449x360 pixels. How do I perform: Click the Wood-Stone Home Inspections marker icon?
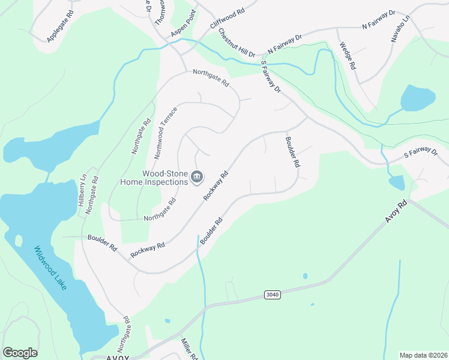pos(197,178)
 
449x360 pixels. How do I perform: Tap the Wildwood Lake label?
pos(51,268)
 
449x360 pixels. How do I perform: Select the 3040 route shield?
pos(272,295)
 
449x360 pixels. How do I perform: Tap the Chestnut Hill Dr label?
pos(237,43)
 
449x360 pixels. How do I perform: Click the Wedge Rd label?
pos(348,56)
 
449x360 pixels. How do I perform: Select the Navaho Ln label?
pos(400,29)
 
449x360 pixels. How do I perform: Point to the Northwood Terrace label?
pos(166,133)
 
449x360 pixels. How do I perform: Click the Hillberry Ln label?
pos(82,190)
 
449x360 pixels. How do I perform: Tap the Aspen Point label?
pos(184,28)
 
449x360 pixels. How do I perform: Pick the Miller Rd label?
pos(189,349)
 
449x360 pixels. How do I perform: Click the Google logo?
pos(20,353)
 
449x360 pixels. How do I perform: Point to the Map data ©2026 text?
pos(423,355)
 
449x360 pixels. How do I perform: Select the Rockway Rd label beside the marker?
pos(216,185)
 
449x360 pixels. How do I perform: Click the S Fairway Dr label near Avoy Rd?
pos(420,153)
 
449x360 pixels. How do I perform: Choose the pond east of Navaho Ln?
pos(418,97)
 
